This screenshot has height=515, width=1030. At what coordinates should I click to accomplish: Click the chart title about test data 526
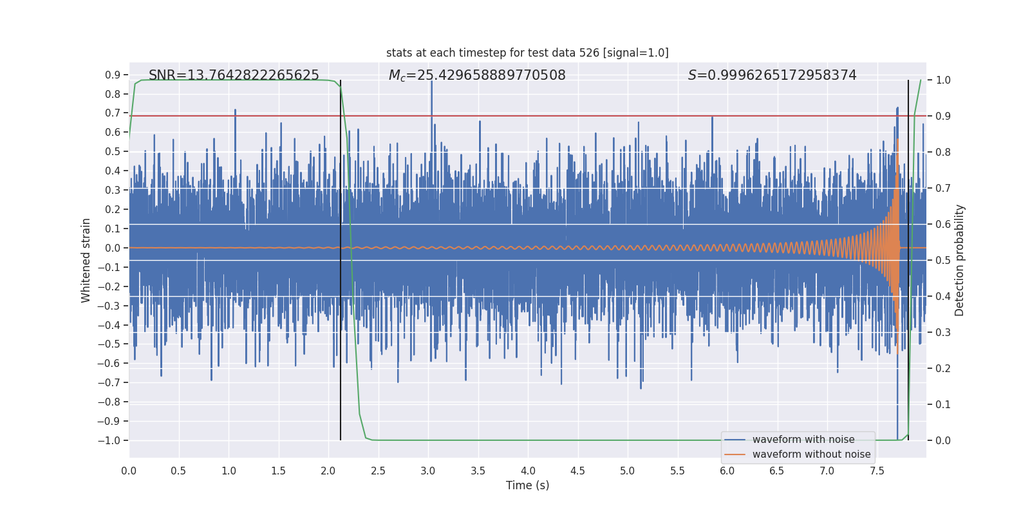tap(527, 53)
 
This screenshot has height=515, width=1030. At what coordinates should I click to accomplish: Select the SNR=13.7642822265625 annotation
tap(234, 75)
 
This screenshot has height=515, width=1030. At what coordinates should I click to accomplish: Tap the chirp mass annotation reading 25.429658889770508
tap(477, 75)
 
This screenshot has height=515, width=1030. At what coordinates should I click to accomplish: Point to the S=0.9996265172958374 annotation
tap(772, 75)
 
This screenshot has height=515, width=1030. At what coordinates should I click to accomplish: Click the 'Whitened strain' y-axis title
tap(86, 260)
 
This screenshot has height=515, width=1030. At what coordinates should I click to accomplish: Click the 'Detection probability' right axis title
tap(960, 260)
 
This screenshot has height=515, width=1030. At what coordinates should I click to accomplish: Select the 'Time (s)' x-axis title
tap(527, 485)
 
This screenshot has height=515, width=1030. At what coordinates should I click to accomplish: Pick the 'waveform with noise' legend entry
tap(803, 440)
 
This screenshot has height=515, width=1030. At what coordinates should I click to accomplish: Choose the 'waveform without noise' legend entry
tap(811, 454)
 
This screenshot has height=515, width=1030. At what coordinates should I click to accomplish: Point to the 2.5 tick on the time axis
tap(378, 471)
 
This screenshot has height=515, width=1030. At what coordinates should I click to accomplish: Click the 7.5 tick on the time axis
tap(877, 471)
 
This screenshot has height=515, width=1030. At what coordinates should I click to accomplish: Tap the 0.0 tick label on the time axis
tap(129, 471)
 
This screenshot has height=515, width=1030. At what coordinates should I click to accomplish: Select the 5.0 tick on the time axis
tap(628, 471)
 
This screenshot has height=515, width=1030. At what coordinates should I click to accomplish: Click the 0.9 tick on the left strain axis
tap(113, 75)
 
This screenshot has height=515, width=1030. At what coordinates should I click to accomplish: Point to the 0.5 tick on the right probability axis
tap(943, 260)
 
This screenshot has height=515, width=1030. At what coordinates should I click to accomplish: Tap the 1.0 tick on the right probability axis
tap(943, 80)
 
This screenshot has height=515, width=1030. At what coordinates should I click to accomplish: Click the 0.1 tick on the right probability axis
tap(943, 404)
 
